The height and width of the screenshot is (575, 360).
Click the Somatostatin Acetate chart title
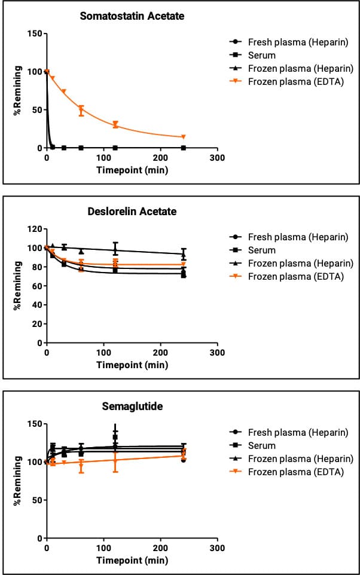(132, 16)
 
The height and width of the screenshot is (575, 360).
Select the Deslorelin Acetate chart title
(133, 212)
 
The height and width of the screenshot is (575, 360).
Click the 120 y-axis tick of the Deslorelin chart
(33, 229)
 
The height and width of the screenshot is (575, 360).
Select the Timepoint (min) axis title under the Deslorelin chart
(132, 365)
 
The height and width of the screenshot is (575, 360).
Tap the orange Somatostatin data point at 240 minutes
(184, 137)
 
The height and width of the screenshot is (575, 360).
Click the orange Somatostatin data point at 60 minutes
(81, 110)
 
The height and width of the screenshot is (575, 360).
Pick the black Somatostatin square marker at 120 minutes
(115, 148)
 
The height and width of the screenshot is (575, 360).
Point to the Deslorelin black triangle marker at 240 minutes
(184, 254)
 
